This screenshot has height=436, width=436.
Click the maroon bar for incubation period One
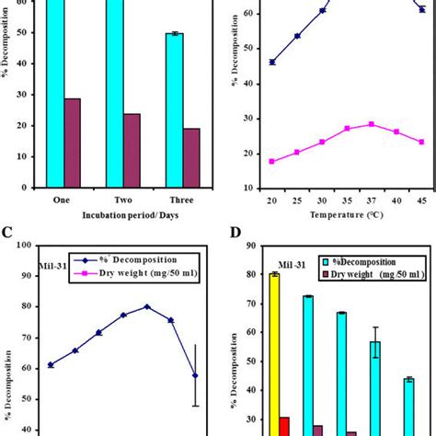click(73, 142)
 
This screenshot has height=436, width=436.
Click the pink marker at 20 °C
click(271, 161)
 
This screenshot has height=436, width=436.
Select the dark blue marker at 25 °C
click(297, 36)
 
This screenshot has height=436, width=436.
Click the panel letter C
click(8, 233)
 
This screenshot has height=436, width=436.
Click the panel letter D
click(229, 233)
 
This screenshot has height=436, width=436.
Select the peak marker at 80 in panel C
click(146, 306)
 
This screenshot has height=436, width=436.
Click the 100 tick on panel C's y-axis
click(22, 246)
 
